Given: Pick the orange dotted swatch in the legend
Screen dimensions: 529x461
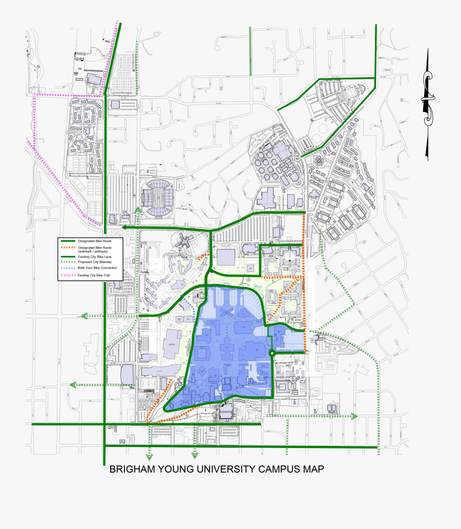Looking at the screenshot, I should coord(68,248).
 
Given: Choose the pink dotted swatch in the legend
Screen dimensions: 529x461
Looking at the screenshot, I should coord(68,275).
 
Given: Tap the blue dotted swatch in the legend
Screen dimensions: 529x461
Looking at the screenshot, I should coord(68,268).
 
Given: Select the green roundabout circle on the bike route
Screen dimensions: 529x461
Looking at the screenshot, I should coord(271,353).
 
